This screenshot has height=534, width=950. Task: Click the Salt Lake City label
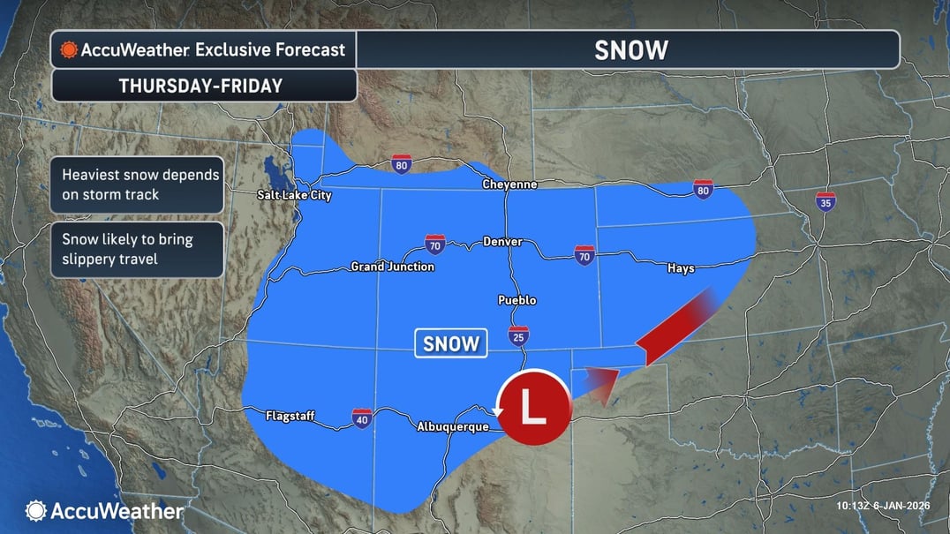point(294,195)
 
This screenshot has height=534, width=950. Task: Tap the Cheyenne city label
point(509,184)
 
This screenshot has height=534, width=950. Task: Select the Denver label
point(502,242)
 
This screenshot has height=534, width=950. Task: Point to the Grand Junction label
point(392,266)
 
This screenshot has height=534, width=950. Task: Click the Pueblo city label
point(516,300)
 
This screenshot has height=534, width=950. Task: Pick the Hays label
point(681,268)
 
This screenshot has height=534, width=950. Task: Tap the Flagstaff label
point(290,415)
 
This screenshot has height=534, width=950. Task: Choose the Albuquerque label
point(452,427)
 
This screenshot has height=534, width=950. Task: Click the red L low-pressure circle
point(532,407)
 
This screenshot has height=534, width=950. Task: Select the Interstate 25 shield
point(518,336)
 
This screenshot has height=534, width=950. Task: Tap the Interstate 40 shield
point(362,417)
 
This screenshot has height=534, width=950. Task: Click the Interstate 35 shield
point(826,202)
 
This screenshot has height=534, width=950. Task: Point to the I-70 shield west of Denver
point(434,244)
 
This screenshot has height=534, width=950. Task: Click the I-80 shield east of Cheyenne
point(703,189)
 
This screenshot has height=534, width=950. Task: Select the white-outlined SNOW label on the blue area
point(451,343)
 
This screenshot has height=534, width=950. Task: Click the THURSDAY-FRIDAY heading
point(200,86)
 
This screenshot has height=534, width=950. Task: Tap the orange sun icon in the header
point(68,50)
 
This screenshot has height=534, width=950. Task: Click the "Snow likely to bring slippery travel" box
point(137,250)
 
